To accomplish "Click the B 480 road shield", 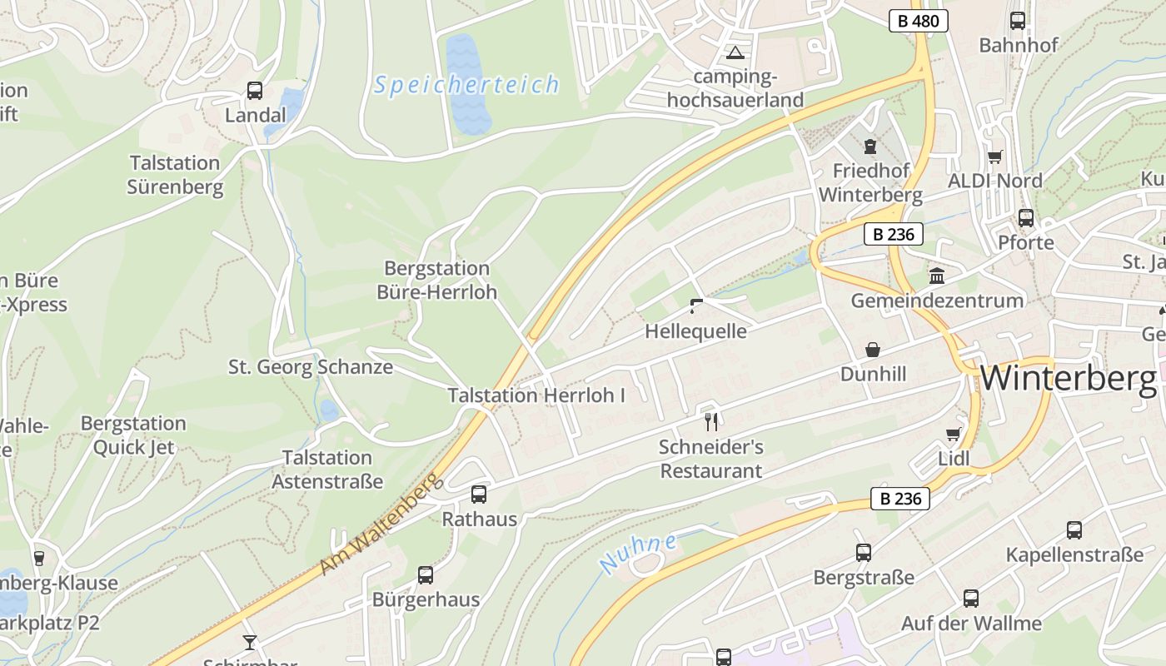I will click(x=919, y=21).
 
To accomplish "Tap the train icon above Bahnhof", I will click(x=1018, y=20).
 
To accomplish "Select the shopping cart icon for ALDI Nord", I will click(x=994, y=157).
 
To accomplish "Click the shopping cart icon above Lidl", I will click(x=954, y=434).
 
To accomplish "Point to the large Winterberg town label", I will click(x=1069, y=379).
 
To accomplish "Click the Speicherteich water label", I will click(x=466, y=85).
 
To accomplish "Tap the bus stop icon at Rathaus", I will click(x=479, y=495).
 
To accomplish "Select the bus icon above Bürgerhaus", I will click(x=426, y=574).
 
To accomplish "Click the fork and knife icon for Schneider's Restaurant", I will click(x=710, y=422).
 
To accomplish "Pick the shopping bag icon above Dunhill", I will click(x=873, y=349).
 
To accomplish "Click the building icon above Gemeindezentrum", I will click(x=937, y=276).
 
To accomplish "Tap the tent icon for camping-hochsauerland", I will click(x=735, y=53).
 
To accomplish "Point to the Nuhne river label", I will click(x=638, y=553).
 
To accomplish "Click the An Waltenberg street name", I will click(x=378, y=524).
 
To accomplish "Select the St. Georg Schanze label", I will click(x=311, y=366).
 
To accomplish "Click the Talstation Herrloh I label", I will click(x=536, y=395).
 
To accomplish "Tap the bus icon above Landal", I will click(x=255, y=90).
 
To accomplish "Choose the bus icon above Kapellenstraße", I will click(x=1074, y=529).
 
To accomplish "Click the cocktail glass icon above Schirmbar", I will click(x=250, y=642).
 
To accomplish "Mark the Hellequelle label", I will click(x=695, y=331).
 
